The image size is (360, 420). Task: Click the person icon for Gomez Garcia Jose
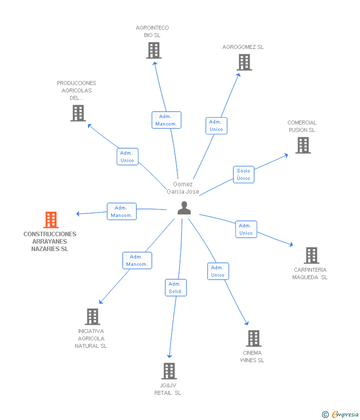point(184,209)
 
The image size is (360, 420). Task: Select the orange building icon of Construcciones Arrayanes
point(51,220)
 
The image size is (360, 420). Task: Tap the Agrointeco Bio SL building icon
point(154,50)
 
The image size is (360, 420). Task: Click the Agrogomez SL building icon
point(244,62)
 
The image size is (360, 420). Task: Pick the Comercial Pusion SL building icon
point(303,145)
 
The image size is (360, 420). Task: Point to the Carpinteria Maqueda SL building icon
point(311,255)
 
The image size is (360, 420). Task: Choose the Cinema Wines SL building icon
point(253,338)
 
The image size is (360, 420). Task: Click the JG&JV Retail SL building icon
point(169,371)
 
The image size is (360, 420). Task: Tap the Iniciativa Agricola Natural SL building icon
point(92,317)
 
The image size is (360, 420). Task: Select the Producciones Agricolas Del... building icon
point(78,113)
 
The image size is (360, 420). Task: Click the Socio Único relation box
point(243,174)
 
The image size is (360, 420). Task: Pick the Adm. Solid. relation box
point(176,288)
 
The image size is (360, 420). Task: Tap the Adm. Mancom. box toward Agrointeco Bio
point(166,120)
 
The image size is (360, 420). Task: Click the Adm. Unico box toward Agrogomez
point(216,126)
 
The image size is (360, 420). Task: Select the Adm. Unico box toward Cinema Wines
point(218,271)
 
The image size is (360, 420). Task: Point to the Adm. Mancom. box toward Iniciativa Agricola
point(137,260)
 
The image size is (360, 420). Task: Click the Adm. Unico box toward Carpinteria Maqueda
point(246,229)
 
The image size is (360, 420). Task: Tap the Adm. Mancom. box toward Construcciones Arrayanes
point(121,211)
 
